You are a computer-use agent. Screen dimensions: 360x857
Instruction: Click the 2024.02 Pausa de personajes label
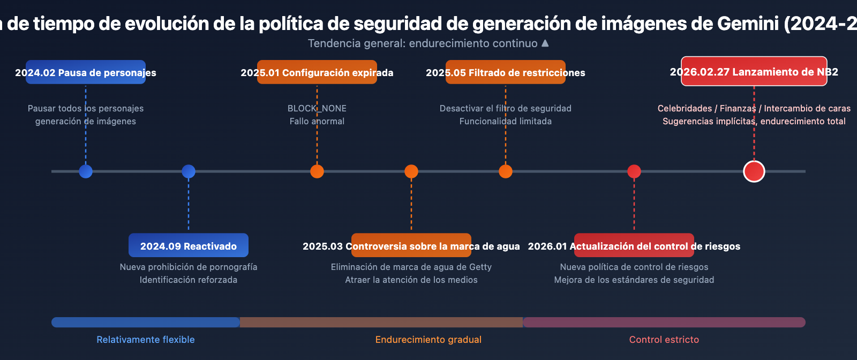86,72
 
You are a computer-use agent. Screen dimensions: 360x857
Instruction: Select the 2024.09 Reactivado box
189,246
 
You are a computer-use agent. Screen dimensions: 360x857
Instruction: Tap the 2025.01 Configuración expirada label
317,72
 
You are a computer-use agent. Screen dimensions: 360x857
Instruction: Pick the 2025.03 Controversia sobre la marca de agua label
411,246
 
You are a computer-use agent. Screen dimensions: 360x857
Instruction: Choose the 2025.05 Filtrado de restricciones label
506,72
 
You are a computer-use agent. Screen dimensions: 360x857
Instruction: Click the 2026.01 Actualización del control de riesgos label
634,246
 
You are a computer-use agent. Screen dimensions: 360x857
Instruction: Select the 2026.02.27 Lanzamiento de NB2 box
754,72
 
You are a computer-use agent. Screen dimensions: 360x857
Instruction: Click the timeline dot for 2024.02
86,171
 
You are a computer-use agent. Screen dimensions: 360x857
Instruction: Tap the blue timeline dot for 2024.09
189,171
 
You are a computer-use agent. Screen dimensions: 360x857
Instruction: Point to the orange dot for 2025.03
411,171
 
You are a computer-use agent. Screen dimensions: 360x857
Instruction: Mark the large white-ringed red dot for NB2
754,171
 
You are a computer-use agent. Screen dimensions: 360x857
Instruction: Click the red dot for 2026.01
634,171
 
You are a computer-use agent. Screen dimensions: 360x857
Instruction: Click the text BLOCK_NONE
317,108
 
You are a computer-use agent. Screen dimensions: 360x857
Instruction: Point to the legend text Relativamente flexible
146,340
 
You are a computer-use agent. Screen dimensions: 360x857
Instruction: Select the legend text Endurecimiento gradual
428,340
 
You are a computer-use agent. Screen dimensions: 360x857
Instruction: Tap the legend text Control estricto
664,340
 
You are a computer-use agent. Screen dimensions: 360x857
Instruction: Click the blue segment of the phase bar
146,322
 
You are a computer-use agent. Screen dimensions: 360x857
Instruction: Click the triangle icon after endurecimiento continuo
545,43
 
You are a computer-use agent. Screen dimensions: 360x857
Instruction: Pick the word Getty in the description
480,267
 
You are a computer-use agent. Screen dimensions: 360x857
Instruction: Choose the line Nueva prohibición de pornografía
189,267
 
